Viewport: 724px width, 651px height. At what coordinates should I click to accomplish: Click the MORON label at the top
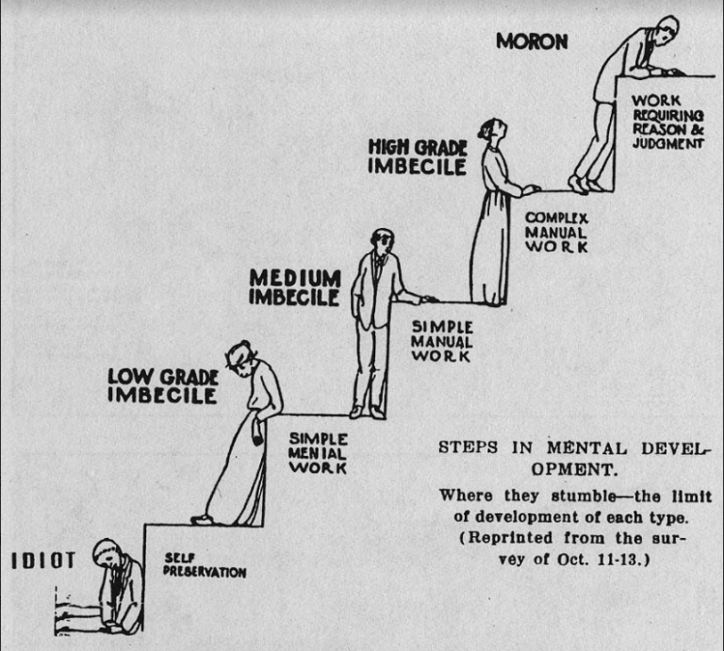coord(532,41)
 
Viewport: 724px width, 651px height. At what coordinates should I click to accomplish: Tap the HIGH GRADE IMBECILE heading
coord(418,157)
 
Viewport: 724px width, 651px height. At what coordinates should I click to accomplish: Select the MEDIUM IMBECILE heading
coord(295,287)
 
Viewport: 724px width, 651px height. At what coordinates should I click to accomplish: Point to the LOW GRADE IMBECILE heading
coord(163,386)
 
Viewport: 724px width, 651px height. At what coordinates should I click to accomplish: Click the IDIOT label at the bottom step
coord(43,561)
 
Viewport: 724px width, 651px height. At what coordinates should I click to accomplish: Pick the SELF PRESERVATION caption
coord(205,565)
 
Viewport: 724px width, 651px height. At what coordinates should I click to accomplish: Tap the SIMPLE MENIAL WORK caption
coord(318,453)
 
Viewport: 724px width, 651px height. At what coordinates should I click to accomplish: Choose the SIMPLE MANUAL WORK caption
coord(442,341)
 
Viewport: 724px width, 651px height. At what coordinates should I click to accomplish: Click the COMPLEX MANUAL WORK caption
coord(556,232)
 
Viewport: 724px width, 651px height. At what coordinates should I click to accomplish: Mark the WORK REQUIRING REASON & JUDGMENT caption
coord(667,122)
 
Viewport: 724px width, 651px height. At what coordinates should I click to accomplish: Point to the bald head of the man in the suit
coord(383,240)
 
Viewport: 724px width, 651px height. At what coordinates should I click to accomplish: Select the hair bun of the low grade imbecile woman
coord(244,345)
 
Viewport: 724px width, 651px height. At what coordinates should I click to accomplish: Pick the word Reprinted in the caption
coord(511,538)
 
